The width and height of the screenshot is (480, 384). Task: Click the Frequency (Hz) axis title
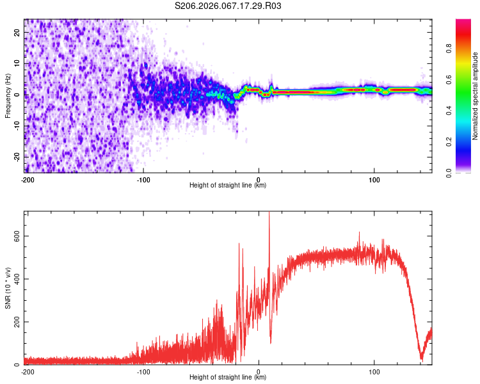8,96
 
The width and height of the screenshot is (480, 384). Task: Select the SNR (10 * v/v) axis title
8,287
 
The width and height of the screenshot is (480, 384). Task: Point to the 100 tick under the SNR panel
374,372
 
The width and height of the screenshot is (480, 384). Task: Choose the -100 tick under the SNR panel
143,372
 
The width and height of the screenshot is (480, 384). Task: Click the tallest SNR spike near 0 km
269,214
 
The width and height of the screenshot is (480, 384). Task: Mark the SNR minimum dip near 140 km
421,358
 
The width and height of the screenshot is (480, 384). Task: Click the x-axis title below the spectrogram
228,186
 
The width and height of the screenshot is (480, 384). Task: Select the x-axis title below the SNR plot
228,378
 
